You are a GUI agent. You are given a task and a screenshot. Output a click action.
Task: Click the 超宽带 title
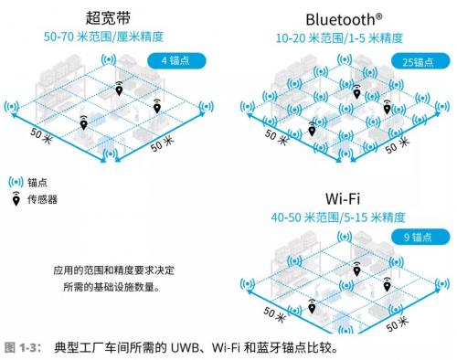108,18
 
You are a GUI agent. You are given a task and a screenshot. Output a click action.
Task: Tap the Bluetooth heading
344,20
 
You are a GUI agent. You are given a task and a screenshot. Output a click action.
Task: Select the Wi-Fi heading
343,199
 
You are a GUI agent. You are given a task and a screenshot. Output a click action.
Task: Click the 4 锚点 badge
176,61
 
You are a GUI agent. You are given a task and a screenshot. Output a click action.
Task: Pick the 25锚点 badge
420,61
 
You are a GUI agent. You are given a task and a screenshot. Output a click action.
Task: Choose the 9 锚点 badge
420,237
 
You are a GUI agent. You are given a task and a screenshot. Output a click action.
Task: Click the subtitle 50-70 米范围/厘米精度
103,37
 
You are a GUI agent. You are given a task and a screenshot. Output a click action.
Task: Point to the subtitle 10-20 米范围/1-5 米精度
339,38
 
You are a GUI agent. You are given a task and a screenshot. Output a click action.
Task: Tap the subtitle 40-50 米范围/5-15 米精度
338,217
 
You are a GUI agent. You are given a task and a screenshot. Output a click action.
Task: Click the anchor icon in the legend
16,182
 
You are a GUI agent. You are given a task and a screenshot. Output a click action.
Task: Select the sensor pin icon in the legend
16,199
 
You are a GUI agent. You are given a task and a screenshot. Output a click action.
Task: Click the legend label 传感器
42,199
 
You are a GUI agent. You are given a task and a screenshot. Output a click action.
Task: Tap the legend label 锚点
37,183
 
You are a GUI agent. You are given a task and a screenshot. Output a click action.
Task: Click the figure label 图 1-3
23,347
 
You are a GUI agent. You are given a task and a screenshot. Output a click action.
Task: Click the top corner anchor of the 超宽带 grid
109,60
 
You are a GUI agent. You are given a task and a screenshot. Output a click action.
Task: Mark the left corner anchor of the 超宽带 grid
12,107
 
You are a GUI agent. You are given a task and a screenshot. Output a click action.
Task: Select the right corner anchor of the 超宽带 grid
207,107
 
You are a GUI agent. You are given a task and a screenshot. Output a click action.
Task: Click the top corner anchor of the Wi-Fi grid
345,236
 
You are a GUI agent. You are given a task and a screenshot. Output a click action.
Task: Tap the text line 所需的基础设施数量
112,287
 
